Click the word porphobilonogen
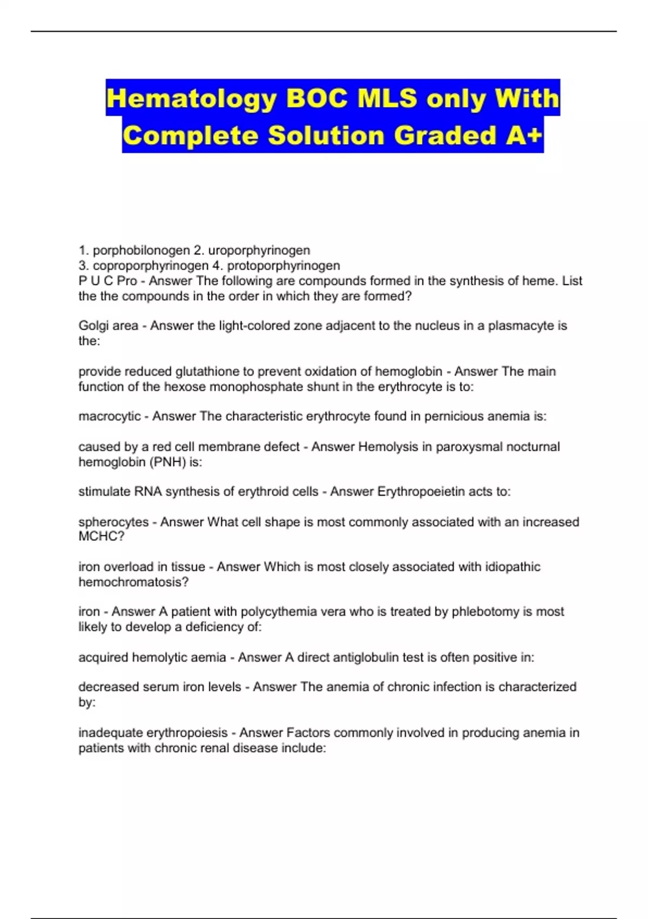coord(141,250)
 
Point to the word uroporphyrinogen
coord(259,250)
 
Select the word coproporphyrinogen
coord(151,265)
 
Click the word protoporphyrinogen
coord(283,265)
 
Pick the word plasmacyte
coord(521,325)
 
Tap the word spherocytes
coord(113,522)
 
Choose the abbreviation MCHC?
coord(102,536)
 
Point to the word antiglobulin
coord(364,657)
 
